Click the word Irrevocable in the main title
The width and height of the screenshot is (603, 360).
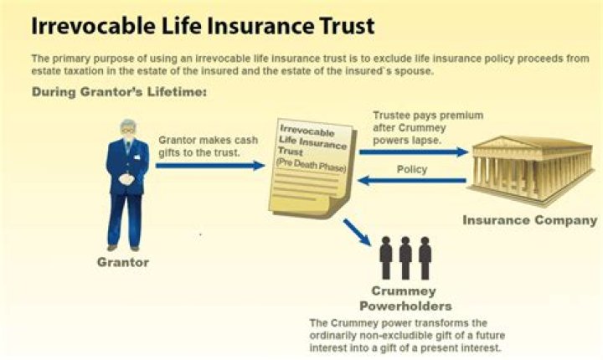point(94,26)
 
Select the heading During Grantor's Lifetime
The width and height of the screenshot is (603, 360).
point(119,92)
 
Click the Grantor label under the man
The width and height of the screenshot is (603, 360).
point(123,262)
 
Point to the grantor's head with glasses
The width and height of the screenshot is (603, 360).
point(128,129)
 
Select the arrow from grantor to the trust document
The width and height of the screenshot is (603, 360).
point(210,166)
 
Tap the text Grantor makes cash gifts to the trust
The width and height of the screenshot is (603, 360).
point(208,147)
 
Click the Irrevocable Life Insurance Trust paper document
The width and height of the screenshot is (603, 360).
point(312,168)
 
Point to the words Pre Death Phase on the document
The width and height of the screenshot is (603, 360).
point(311,165)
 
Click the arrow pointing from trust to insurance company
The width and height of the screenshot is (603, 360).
point(414,152)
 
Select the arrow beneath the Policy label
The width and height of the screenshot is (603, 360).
point(412,180)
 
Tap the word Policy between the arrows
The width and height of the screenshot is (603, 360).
point(412,169)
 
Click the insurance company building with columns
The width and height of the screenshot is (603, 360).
point(531,169)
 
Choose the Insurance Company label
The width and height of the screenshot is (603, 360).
point(530,220)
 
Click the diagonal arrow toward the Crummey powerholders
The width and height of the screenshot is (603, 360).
point(357,232)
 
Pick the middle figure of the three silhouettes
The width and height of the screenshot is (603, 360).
point(405,258)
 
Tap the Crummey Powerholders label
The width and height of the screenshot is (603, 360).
point(405,298)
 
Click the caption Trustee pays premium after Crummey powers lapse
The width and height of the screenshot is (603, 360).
point(428,128)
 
